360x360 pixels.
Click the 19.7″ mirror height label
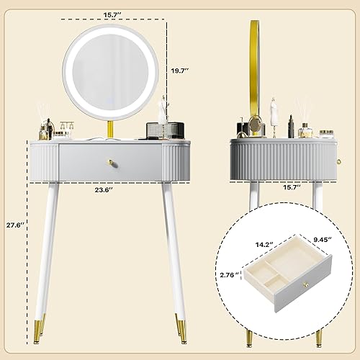(x=180, y=71)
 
